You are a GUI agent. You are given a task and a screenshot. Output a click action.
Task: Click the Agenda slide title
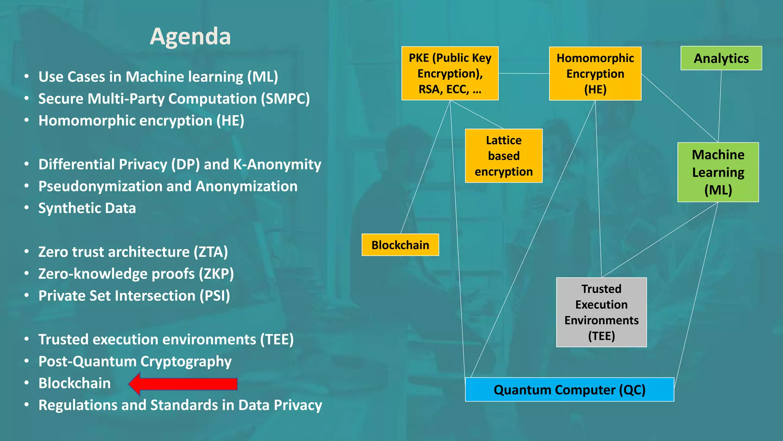190,36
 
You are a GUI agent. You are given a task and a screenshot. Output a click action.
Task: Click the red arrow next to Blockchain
184,384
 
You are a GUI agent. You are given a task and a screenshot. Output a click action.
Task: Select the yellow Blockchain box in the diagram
400,245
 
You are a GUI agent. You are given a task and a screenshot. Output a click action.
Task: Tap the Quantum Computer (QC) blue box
569,390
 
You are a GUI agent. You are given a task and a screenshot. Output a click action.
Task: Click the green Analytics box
721,58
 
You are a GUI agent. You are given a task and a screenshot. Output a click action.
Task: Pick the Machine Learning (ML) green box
718,172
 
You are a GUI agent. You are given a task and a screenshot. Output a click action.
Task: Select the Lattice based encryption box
503,156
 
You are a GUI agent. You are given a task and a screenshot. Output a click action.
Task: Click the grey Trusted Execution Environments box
601,312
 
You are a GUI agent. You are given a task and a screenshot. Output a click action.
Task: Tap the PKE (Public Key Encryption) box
450,73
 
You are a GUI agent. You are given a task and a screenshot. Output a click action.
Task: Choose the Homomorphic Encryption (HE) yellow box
595,73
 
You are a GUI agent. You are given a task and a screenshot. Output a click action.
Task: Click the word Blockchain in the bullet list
75,383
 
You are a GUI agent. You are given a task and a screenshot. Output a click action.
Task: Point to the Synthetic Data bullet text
87,208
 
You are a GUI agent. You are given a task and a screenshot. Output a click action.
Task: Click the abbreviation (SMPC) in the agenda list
285,99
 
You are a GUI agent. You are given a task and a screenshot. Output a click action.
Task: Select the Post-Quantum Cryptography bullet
135,361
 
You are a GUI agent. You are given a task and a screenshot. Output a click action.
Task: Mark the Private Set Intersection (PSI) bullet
134,296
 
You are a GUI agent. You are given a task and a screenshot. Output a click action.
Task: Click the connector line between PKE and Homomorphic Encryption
523,73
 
